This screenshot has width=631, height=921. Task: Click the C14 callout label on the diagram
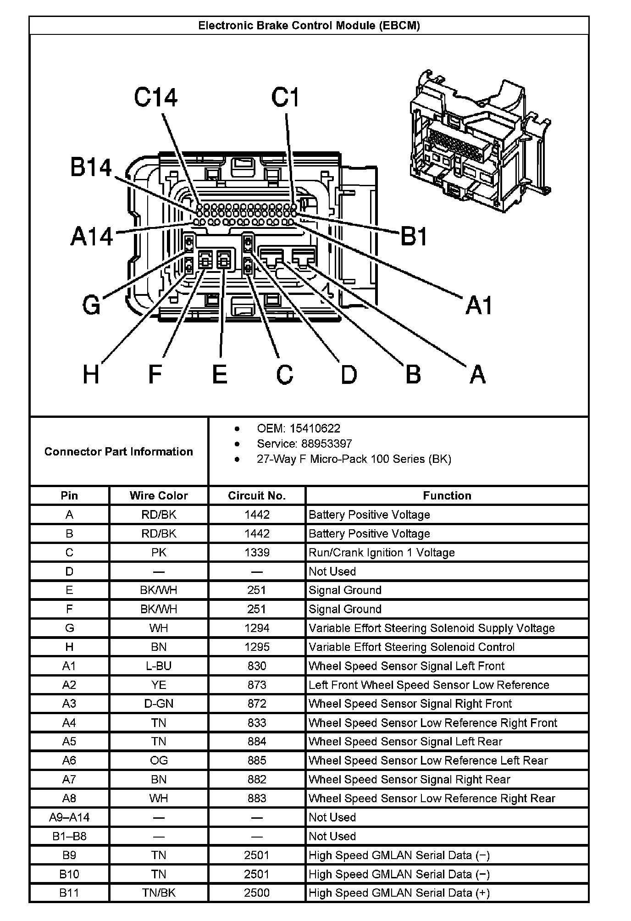[x=155, y=97]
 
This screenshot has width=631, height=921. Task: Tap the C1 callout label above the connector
[x=285, y=97]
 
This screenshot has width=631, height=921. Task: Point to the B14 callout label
[x=91, y=167]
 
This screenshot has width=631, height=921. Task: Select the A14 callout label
[x=92, y=237]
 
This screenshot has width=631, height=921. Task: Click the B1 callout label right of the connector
[x=414, y=237]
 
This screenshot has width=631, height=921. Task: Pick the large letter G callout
[x=91, y=305]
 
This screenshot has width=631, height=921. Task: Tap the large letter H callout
[x=91, y=374]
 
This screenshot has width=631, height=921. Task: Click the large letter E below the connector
[x=220, y=374]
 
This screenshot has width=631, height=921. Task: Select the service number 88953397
[x=327, y=444]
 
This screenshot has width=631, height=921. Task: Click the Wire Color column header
[x=159, y=495]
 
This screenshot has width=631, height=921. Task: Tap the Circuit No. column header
[x=257, y=495]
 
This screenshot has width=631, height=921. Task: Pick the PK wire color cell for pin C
[x=159, y=552]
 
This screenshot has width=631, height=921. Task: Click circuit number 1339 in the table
[x=257, y=552]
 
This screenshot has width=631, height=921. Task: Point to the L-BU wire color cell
[x=159, y=666]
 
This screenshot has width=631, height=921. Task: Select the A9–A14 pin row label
[x=69, y=817]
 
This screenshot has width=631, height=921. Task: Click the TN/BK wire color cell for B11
[x=159, y=893]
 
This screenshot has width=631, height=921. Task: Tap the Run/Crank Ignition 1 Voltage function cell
[x=382, y=552]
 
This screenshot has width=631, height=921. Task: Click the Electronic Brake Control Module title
[x=309, y=26]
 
